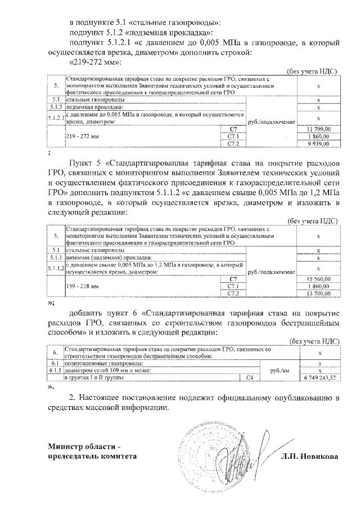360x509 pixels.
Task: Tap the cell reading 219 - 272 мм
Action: (82, 137)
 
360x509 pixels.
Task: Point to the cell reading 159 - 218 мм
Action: (82, 286)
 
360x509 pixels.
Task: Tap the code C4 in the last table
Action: (250, 379)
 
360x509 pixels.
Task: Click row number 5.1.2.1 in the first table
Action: (56, 117)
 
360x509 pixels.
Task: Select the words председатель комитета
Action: (92, 457)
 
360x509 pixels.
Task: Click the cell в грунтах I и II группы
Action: (96, 379)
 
